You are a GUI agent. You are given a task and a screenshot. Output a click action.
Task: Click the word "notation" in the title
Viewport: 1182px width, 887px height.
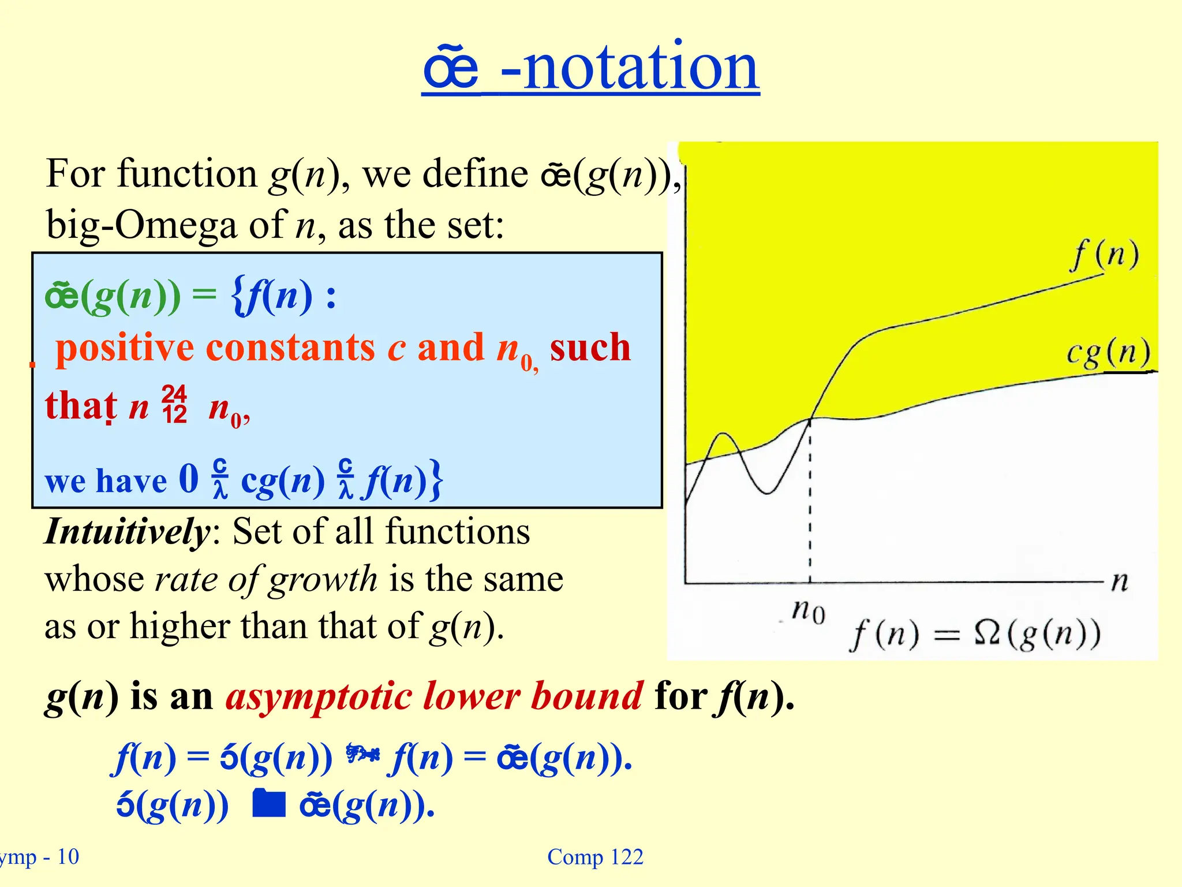coord(641,68)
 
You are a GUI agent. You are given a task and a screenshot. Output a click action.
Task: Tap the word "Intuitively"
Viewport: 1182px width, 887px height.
coord(128,532)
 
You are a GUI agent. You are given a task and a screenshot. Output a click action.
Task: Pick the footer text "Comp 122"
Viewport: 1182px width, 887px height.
coord(595,857)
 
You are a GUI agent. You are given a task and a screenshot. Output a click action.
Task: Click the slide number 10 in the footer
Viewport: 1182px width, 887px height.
coord(68,857)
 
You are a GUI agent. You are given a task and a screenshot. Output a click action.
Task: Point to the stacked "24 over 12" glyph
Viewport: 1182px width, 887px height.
coord(174,405)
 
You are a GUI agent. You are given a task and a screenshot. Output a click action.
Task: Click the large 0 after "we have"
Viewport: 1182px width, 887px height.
coord(189,479)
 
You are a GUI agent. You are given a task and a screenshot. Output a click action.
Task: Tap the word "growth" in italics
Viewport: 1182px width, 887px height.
coord(323,580)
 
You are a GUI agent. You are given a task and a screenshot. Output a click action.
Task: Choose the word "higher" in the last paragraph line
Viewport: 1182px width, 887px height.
coord(179,627)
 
